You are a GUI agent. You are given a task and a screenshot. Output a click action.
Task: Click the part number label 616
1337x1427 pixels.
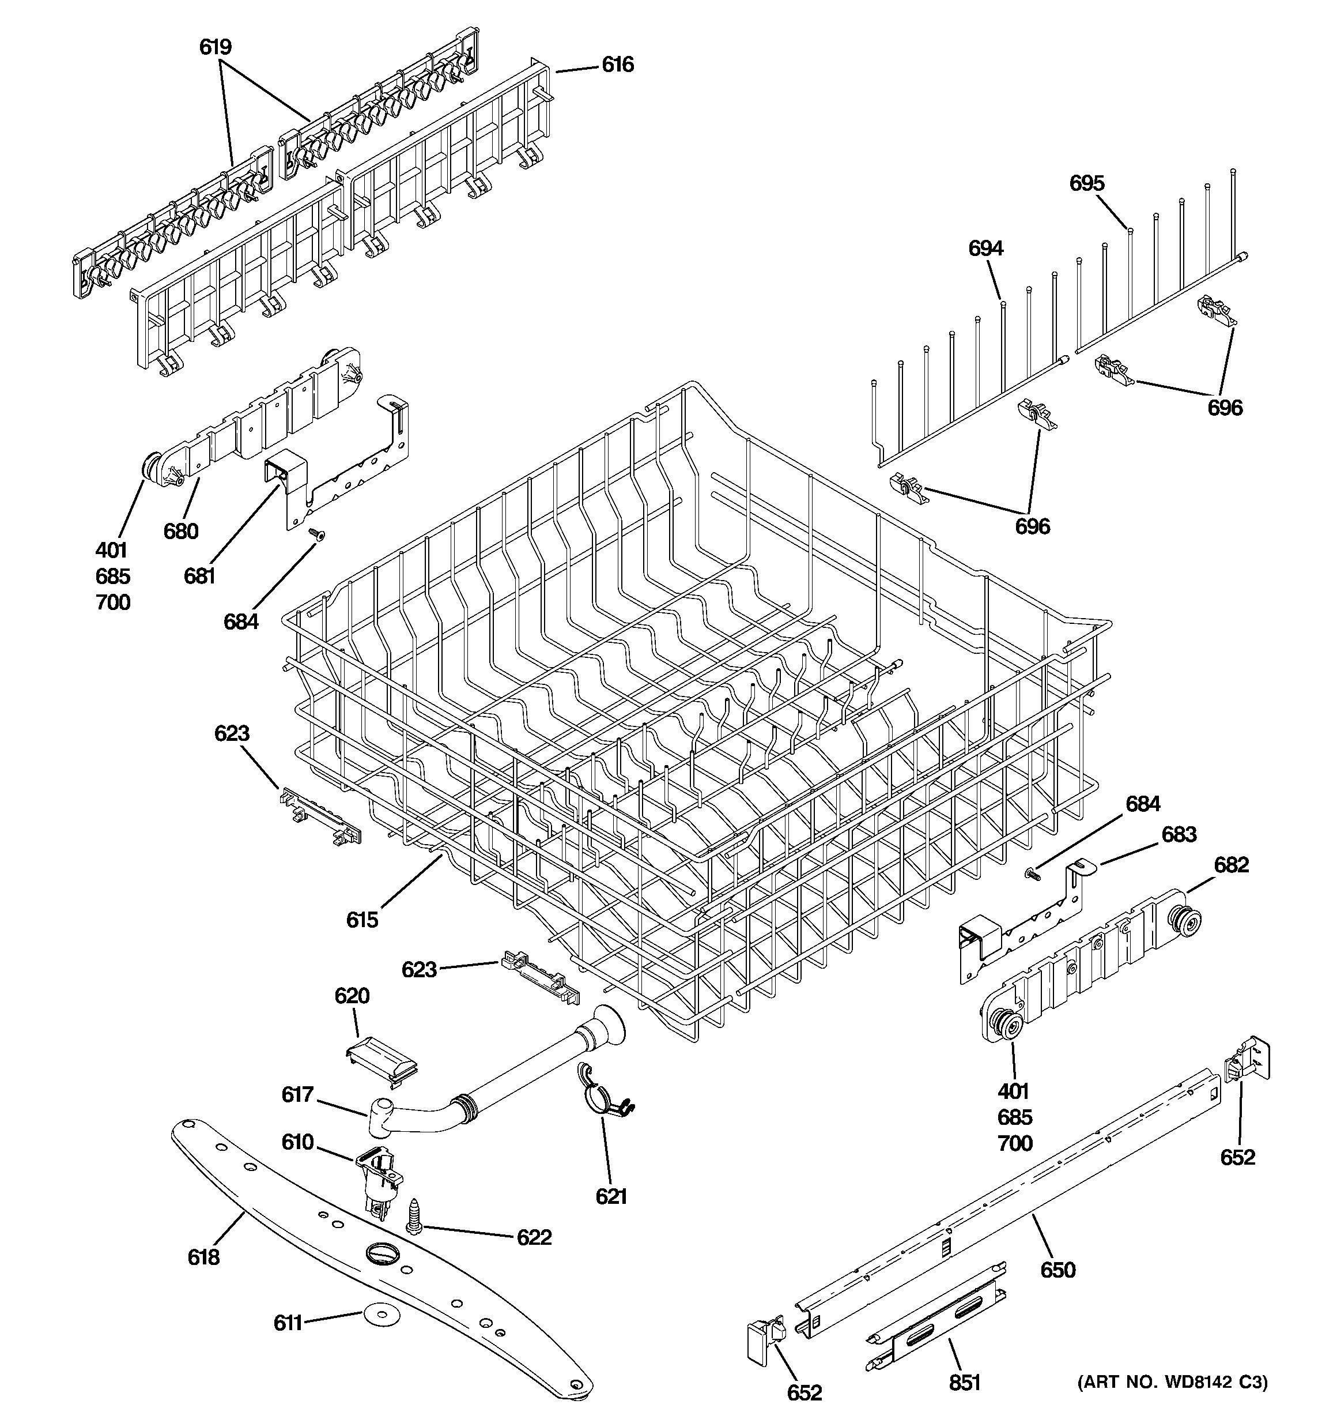(x=617, y=65)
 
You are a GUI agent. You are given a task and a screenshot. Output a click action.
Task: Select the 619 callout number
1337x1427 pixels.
(x=216, y=47)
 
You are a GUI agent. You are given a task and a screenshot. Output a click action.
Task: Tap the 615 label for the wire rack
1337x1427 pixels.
(x=362, y=920)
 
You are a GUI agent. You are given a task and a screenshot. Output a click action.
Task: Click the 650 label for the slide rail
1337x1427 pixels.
(x=1058, y=1270)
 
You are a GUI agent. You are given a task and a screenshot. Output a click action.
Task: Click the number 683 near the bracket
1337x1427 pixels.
(x=1179, y=835)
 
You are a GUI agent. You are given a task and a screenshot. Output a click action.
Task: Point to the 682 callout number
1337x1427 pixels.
(x=1231, y=865)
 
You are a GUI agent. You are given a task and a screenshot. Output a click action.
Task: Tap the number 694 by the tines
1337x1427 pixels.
(x=985, y=248)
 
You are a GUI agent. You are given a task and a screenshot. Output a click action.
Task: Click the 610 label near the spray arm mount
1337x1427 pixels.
(x=297, y=1142)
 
